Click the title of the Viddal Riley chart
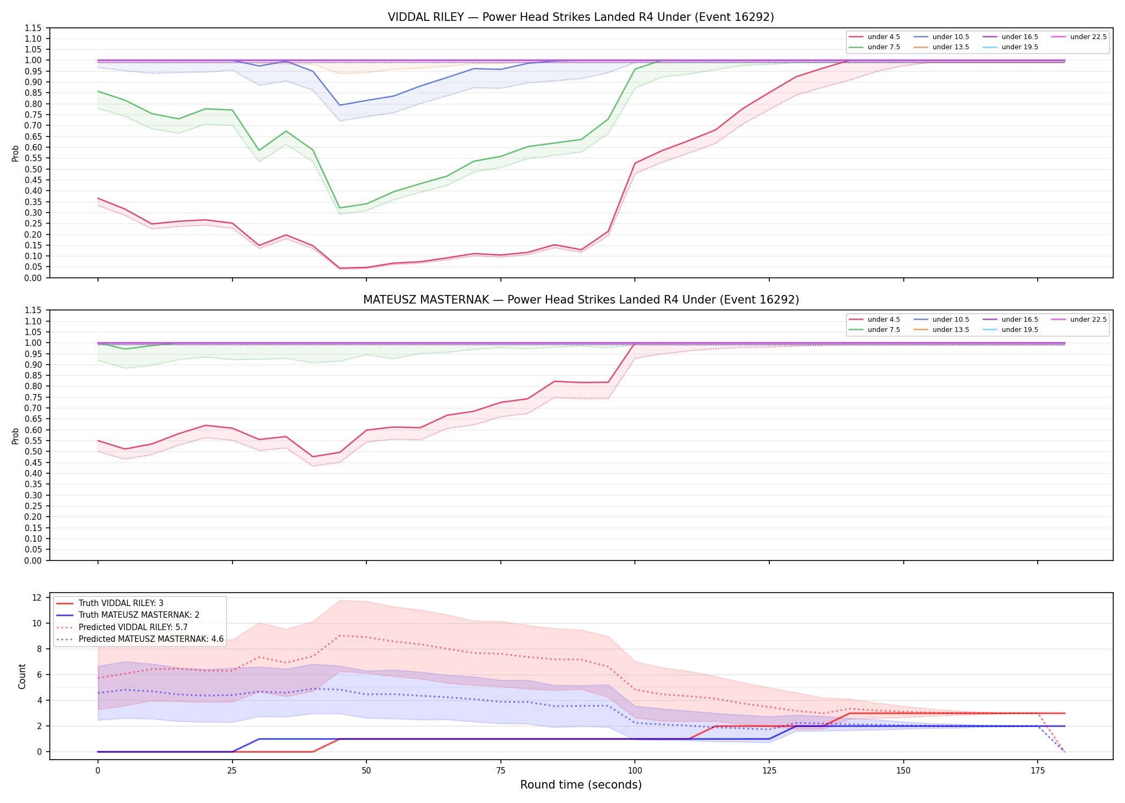[581, 17]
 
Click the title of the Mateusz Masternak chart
[581, 300]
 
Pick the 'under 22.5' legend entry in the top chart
[1079, 37]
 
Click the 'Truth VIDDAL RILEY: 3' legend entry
[110, 603]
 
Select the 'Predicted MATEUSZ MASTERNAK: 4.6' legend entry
[140, 639]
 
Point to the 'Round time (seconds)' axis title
[581, 785]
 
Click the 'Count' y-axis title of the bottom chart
[22, 676]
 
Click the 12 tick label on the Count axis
[37, 597]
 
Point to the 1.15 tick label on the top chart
[33, 28]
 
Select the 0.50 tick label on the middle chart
[33, 451]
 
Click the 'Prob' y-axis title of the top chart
[16, 153]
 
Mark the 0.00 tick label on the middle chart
[33, 560]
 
